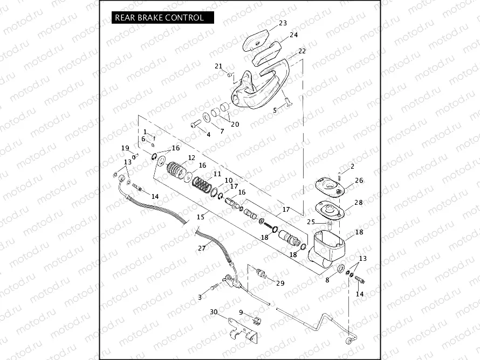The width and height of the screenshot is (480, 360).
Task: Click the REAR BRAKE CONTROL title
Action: click(159, 17)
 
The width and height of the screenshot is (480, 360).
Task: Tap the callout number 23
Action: click(283, 23)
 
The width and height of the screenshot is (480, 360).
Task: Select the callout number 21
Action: click(218, 66)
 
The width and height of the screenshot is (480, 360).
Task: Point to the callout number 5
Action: click(275, 110)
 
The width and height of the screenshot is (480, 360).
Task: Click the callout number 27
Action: click(202, 248)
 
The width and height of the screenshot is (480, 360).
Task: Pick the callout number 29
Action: click(280, 283)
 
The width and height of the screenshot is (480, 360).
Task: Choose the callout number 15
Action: click(201, 217)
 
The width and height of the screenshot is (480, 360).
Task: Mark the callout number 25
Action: click(310, 221)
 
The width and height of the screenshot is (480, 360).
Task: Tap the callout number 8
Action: click(327, 280)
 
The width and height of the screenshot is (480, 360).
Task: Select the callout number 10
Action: click(229, 180)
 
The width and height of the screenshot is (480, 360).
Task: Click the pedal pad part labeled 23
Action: click(255, 39)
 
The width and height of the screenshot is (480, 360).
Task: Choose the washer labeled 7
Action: click(208, 117)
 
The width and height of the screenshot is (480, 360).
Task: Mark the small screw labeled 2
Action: click(340, 175)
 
